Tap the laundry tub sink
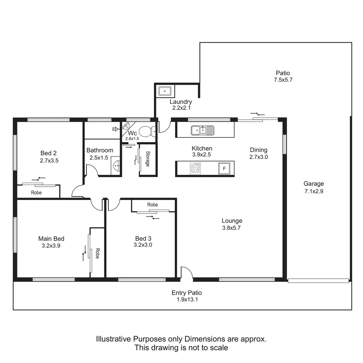(165, 91)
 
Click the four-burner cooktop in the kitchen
(196, 168)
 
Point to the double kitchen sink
(202, 130)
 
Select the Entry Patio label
(187, 293)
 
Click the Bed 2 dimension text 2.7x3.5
(49, 161)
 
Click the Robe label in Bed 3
(153, 205)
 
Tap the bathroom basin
(116, 166)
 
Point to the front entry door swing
(187, 273)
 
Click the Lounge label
(232, 221)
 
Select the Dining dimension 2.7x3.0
(258, 157)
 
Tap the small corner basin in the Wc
(126, 126)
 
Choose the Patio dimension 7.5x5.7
(283, 80)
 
